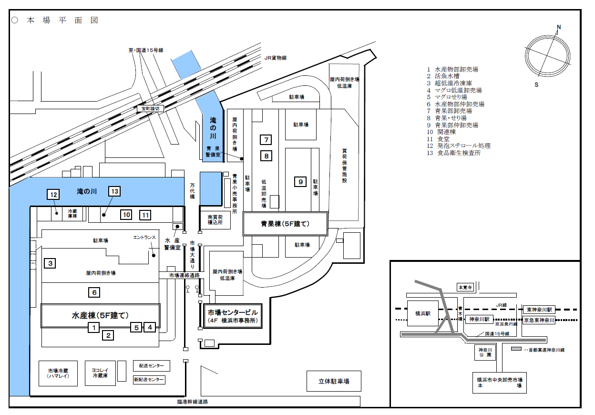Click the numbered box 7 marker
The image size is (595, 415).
(x=266, y=139)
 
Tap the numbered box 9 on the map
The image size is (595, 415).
(x=300, y=182)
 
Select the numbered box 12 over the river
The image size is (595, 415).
(x=53, y=194)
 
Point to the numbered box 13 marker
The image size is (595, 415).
(x=114, y=191)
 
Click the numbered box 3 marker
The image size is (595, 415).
(x=50, y=263)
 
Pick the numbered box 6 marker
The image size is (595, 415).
(x=94, y=292)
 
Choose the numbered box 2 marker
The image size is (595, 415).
(x=108, y=335)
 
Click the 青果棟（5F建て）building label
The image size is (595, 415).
(x=285, y=224)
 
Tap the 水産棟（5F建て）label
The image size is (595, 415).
(x=100, y=315)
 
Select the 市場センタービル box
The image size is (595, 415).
(x=233, y=316)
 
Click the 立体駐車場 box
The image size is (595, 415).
(x=334, y=381)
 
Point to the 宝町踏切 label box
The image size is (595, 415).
(x=150, y=108)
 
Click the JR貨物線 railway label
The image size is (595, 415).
(x=276, y=58)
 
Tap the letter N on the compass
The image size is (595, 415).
(x=559, y=27)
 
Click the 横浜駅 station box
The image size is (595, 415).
(x=422, y=313)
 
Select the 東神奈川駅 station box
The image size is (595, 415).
(x=539, y=310)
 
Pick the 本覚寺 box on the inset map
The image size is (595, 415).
(x=465, y=287)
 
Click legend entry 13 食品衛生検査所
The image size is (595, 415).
(x=453, y=153)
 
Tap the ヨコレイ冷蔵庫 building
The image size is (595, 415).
(x=100, y=373)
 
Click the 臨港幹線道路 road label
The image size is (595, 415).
(x=193, y=402)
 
